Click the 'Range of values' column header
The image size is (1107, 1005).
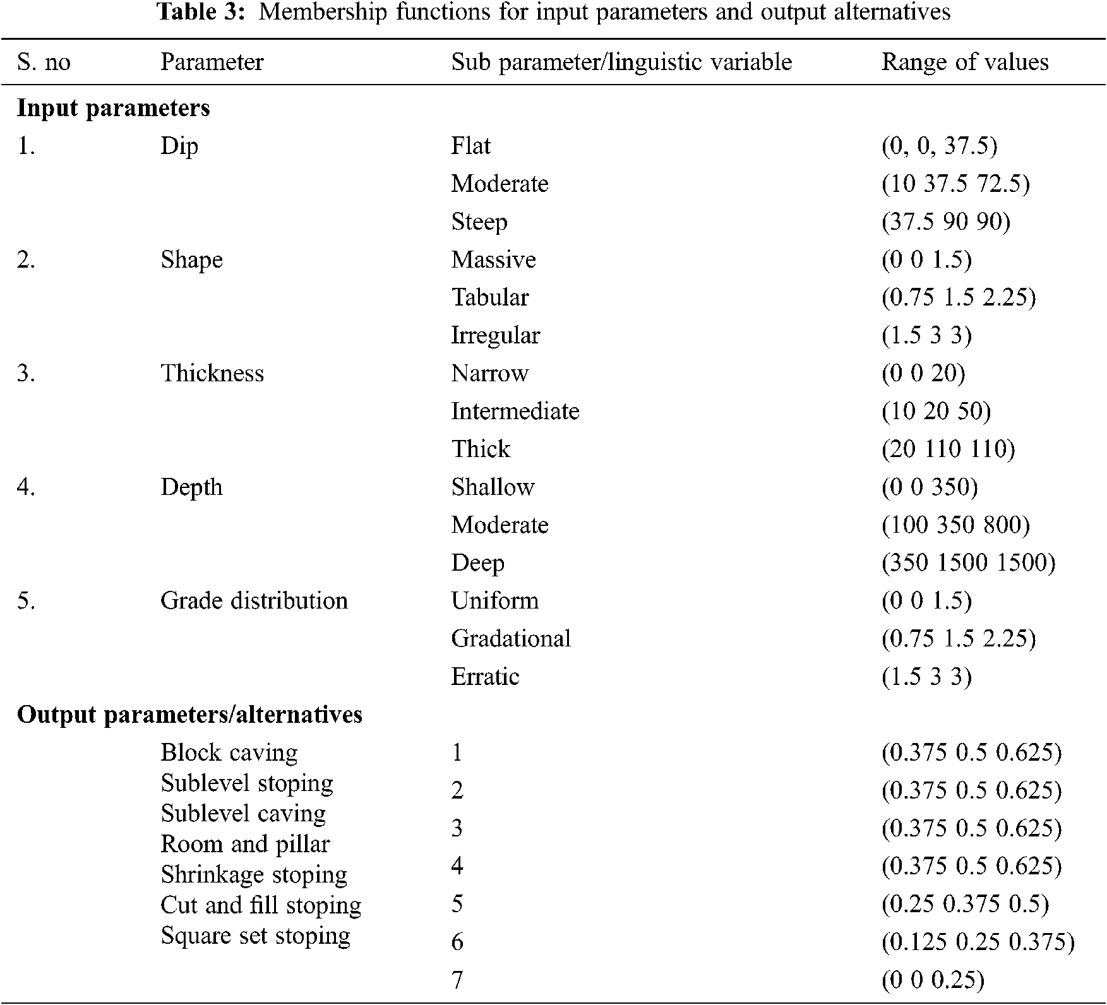[964, 62]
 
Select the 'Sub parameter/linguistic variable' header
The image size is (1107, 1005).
[621, 62]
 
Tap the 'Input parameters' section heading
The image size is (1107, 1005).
[113, 108]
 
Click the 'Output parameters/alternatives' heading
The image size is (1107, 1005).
[189, 714]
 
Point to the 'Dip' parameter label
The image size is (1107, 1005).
[179, 146]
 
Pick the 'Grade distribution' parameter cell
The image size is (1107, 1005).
[254, 600]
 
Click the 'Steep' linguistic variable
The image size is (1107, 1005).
[479, 222]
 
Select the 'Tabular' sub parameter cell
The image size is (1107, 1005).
[490, 297]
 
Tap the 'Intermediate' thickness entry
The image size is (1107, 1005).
[515, 411]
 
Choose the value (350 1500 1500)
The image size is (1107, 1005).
[968, 562]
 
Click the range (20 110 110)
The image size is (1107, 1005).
[948, 449]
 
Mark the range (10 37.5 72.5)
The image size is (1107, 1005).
[955, 184]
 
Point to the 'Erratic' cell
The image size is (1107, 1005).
[485, 676]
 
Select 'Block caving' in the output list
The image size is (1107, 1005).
[229, 752]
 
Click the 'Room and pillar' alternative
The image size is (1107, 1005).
[245, 843]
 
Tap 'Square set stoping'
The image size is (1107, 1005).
[255, 935]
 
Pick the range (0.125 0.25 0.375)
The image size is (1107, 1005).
[978, 942]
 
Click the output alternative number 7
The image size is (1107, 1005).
[457, 980]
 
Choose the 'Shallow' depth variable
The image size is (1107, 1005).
[493, 487]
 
